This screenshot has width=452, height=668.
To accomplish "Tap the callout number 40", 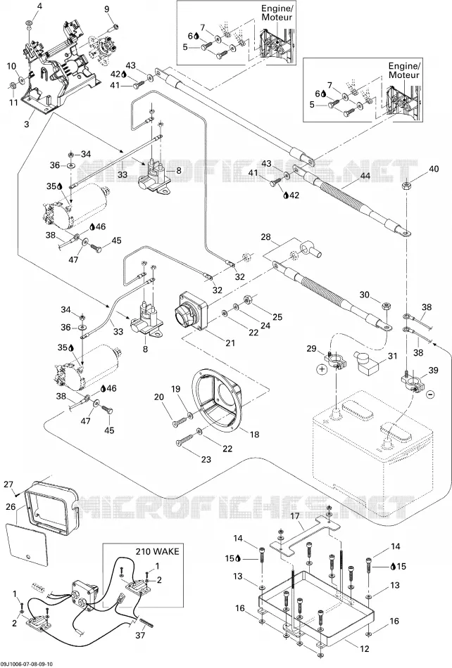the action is (433, 169).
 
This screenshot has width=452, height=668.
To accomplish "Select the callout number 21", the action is (230, 342).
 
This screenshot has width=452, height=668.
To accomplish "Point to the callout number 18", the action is (254, 435).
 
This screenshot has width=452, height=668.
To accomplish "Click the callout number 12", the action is (364, 649).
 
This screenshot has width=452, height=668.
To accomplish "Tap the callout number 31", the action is (392, 356).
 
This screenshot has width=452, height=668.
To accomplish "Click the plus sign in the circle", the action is (321, 369).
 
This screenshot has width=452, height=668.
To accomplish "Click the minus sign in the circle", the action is (430, 394).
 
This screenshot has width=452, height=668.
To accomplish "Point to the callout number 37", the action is (140, 635).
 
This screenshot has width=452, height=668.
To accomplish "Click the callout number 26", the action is (11, 506).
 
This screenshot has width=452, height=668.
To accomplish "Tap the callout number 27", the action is (9, 484).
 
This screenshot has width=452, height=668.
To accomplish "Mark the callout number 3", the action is (27, 125).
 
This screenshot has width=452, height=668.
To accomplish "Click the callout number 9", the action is (106, 9).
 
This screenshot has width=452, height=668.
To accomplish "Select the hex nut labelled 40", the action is (406, 186).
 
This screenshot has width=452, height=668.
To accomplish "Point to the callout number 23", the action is (206, 459).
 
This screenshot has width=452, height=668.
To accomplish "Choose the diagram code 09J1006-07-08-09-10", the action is (27, 664).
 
